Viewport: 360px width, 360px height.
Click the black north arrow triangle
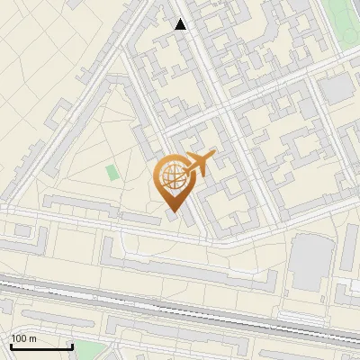click(181, 24)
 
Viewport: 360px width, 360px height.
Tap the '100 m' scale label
click(23, 339)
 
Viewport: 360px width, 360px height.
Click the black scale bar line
click(41, 347)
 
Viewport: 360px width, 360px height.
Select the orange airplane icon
click(200, 163)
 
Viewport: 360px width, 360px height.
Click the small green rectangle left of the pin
click(112, 171)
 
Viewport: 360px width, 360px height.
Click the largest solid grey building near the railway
click(310, 261)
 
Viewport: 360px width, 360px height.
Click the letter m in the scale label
click(32, 339)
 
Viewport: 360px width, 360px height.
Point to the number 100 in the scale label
click(19, 339)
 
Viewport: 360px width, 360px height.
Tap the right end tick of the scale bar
click(72, 346)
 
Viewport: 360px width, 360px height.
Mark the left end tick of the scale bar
click(11, 346)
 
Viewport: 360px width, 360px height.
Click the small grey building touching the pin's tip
click(172, 212)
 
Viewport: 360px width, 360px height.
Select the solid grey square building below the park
click(337, 88)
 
